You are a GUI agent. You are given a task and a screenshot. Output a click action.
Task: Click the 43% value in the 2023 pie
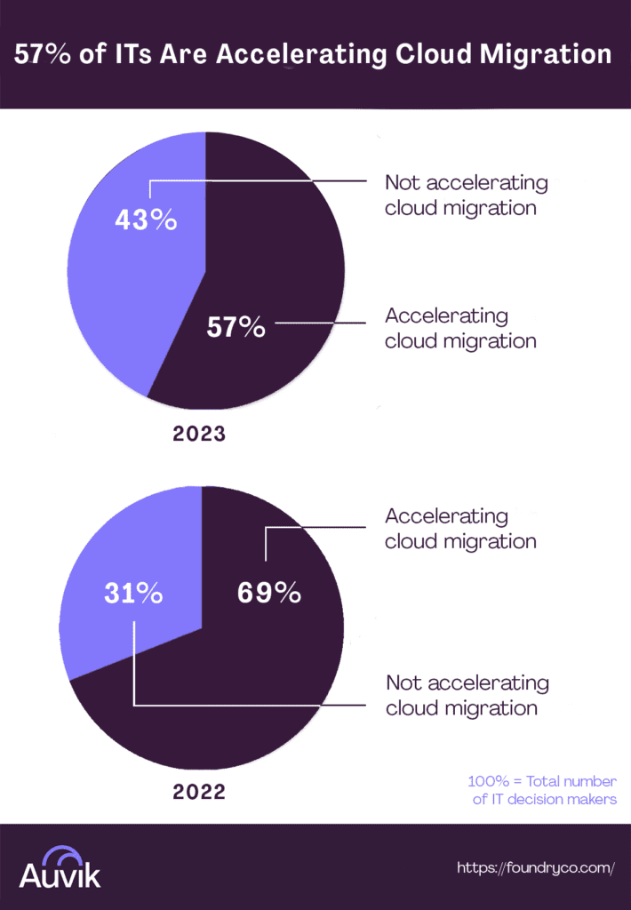pyautogui.click(x=146, y=220)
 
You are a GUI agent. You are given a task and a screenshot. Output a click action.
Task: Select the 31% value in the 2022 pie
pyautogui.click(x=132, y=594)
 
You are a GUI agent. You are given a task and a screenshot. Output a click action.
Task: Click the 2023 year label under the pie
pyautogui.click(x=200, y=435)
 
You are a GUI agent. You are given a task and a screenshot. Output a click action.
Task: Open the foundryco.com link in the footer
pyautogui.click(x=536, y=867)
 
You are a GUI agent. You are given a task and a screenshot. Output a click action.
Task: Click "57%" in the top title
pyautogui.click(x=40, y=54)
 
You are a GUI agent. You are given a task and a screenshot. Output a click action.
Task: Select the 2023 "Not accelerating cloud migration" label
pyautogui.click(x=466, y=196)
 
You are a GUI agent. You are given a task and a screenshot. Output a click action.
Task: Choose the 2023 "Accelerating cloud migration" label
pyautogui.click(x=459, y=328)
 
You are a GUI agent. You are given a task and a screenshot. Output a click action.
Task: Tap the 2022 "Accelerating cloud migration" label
pyautogui.click(x=459, y=528)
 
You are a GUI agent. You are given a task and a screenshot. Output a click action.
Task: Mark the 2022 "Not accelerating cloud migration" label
pyautogui.click(x=467, y=695)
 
